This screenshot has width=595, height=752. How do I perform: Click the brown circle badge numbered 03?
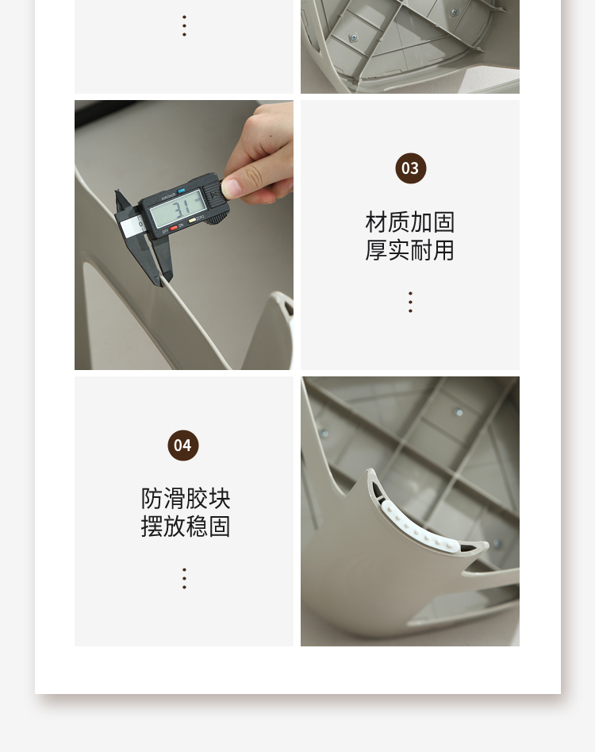click(x=411, y=168)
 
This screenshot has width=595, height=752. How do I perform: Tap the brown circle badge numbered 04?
click(x=183, y=445)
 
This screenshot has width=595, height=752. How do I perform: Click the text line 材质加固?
click(x=409, y=222)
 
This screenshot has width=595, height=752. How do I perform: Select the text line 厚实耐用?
click(x=409, y=250)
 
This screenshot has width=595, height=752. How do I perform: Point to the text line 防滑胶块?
click(x=186, y=499)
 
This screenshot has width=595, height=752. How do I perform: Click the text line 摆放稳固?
click(x=186, y=526)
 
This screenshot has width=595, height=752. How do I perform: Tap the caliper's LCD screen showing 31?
click(x=178, y=209)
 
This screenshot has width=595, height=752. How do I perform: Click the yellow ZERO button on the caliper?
click(x=192, y=220)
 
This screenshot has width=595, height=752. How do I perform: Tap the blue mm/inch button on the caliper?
click(x=181, y=191)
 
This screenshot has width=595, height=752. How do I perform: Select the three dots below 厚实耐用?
click(x=411, y=302)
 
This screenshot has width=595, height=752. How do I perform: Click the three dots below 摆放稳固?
click(x=184, y=578)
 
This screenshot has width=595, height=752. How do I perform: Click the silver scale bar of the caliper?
click(x=130, y=226)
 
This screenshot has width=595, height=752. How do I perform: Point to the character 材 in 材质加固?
click(x=376, y=222)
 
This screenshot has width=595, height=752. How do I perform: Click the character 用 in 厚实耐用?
click(x=443, y=250)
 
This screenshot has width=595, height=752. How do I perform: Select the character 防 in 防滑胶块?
click(x=152, y=499)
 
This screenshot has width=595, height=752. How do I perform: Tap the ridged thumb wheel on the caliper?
click(x=218, y=220)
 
